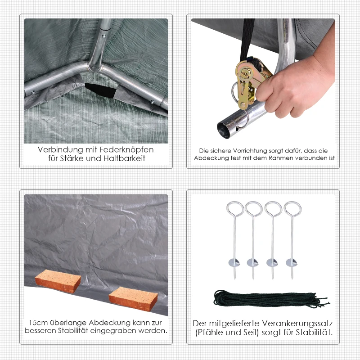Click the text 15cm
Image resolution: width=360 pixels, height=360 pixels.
pos(36,323)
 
